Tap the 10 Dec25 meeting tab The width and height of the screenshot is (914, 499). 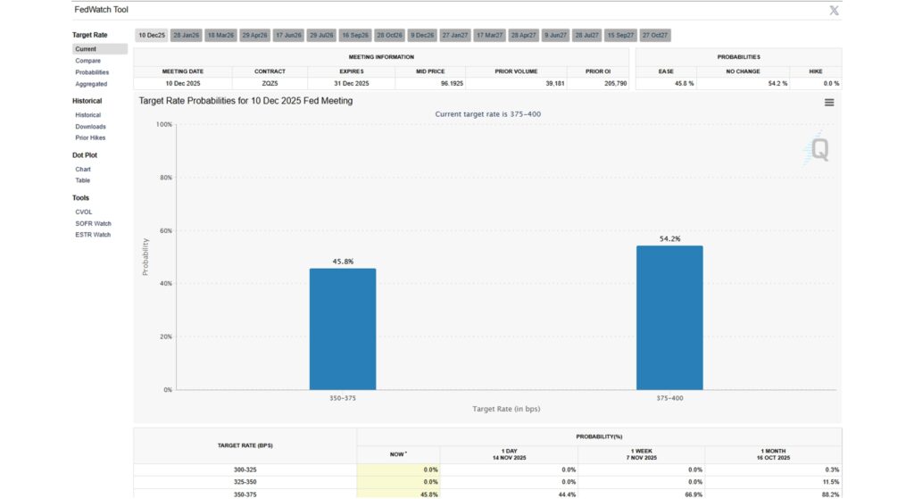click(x=152, y=35)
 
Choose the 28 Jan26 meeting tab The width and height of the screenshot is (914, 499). click(x=186, y=35)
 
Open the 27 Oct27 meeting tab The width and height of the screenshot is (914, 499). click(x=655, y=35)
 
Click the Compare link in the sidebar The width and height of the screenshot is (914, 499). click(x=87, y=61)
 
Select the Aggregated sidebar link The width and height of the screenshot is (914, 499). click(x=91, y=84)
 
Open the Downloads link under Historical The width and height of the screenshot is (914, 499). click(x=90, y=127)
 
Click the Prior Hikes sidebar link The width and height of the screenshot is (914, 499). click(x=90, y=137)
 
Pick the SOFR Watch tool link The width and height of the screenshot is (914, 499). click(x=93, y=223)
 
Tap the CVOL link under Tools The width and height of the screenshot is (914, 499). click(x=84, y=212)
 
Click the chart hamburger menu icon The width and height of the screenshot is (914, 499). click(x=829, y=103)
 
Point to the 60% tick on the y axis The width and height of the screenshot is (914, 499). click(x=164, y=230)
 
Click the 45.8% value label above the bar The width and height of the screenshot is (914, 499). click(x=343, y=262)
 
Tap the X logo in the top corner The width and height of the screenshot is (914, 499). click(x=834, y=10)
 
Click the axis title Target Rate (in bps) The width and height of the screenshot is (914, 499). click(x=506, y=409)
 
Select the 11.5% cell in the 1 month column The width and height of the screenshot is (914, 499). click(x=829, y=481)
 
